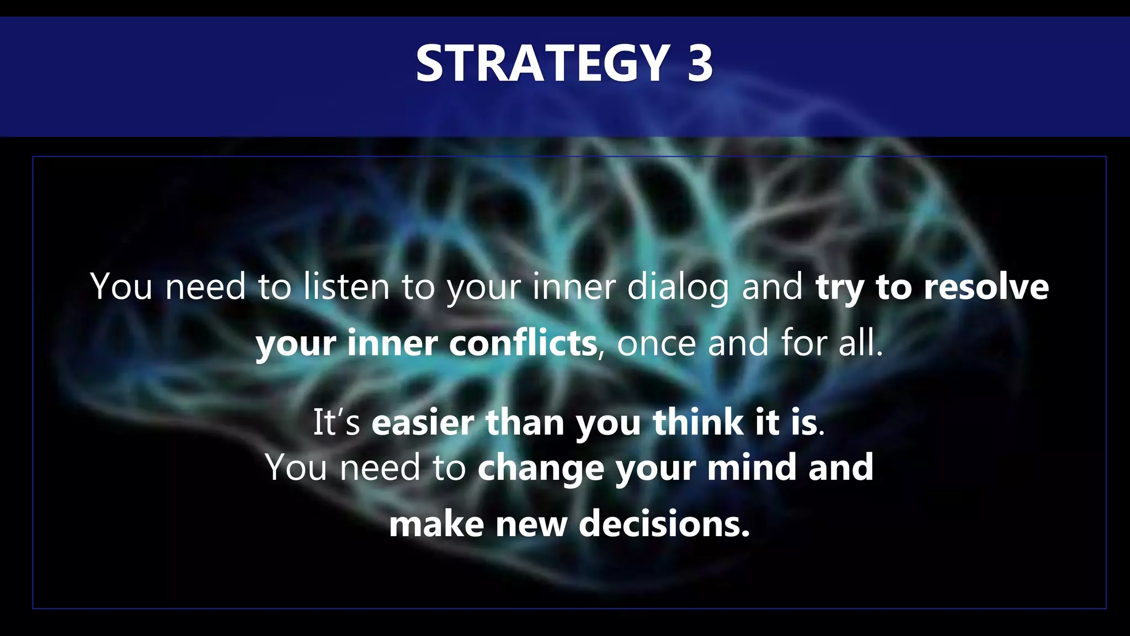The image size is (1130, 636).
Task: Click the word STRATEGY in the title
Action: click(x=543, y=63)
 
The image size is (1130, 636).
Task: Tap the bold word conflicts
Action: click(x=523, y=343)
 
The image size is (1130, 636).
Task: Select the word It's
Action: click(x=337, y=422)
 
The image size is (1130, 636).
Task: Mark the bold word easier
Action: click(x=422, y=422)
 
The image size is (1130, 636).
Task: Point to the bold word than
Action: click(x=525, y=422)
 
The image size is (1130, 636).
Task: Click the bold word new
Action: click(x=531, y=525)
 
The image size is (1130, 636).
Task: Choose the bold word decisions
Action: click(x=664, y=524)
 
